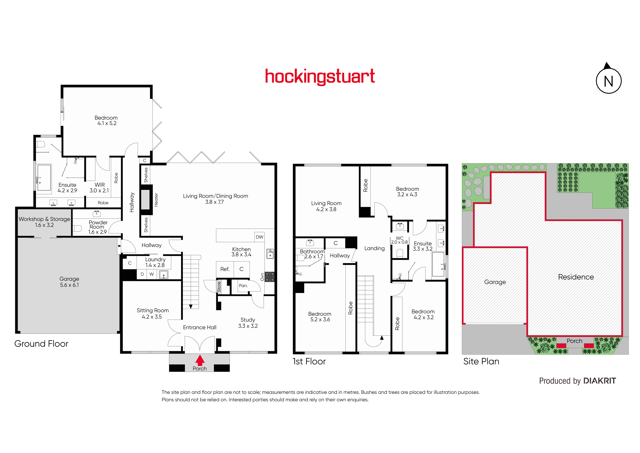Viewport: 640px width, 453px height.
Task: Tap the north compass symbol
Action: tap(608, 79)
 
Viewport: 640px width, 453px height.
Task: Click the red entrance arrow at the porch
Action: tap(200, 360)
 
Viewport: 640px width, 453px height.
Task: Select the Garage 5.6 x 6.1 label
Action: tap(69, 282)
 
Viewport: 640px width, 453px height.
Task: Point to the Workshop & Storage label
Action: tap(44, 222)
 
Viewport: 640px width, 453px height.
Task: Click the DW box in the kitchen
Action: tap(260, 237)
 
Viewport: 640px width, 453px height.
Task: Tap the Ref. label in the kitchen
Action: tap(225, 269)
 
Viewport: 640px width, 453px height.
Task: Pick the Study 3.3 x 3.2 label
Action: tap(248, 323)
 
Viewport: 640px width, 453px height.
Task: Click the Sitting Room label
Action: tap(153, 314)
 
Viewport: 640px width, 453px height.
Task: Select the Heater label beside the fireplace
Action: tap(156, 200)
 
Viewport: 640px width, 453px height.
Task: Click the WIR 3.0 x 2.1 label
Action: tap(99, 188)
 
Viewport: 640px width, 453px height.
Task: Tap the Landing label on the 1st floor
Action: tap(374, 248)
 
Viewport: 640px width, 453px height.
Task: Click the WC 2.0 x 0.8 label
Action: tap(399, 240)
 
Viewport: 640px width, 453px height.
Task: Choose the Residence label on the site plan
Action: tap(576, 277)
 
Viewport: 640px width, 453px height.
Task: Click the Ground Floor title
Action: tap(41, 344)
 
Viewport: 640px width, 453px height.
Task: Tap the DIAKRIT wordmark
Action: tap(600, 381)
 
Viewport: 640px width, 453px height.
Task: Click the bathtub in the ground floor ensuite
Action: tap(44, 178)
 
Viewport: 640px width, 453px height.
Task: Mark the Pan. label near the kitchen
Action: tap(243, 286)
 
